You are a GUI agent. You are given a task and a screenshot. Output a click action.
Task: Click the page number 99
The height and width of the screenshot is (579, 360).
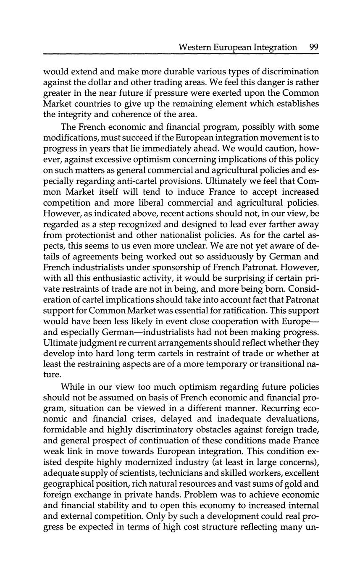(x=313, y=47)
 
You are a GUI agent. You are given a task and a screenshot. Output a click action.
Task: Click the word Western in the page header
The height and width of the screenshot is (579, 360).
(x=194, y=47)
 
